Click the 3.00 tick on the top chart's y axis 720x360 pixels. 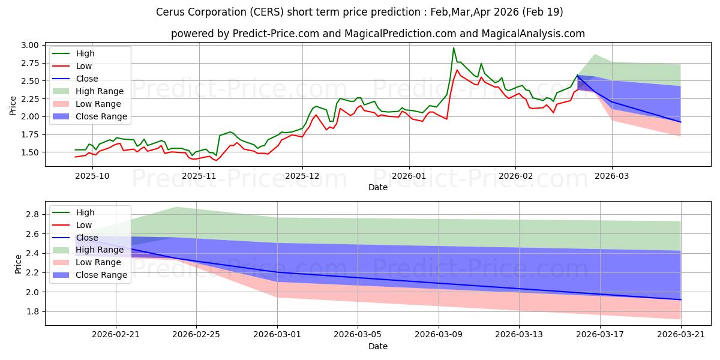[30, 46]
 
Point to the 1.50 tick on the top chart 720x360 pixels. [30, 152]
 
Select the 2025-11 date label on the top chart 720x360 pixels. [199, 176]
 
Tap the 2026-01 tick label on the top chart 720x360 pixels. [409, 176]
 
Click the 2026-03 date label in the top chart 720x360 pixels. [612, 176]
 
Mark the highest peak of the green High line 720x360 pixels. [454, 48]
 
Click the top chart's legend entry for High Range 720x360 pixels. [100, 91]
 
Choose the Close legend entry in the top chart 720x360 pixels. [87, 79]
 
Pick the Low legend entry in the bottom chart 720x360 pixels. [83, 225]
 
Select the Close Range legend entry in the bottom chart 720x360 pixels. [101, 275]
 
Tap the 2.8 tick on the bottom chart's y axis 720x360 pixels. [32, 214]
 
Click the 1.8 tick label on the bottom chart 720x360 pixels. [32, 312]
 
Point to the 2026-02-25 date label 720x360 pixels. [196, 335]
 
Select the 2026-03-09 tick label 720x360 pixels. [439, 335]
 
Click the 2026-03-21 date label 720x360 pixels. [681, 335]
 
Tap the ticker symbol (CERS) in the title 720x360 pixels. [266, 12]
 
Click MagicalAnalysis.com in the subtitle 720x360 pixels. [533, 34]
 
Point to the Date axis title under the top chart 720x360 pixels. [377, 187]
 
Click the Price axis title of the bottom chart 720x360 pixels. [18, 264]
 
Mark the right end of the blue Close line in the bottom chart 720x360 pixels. [681, 299]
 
